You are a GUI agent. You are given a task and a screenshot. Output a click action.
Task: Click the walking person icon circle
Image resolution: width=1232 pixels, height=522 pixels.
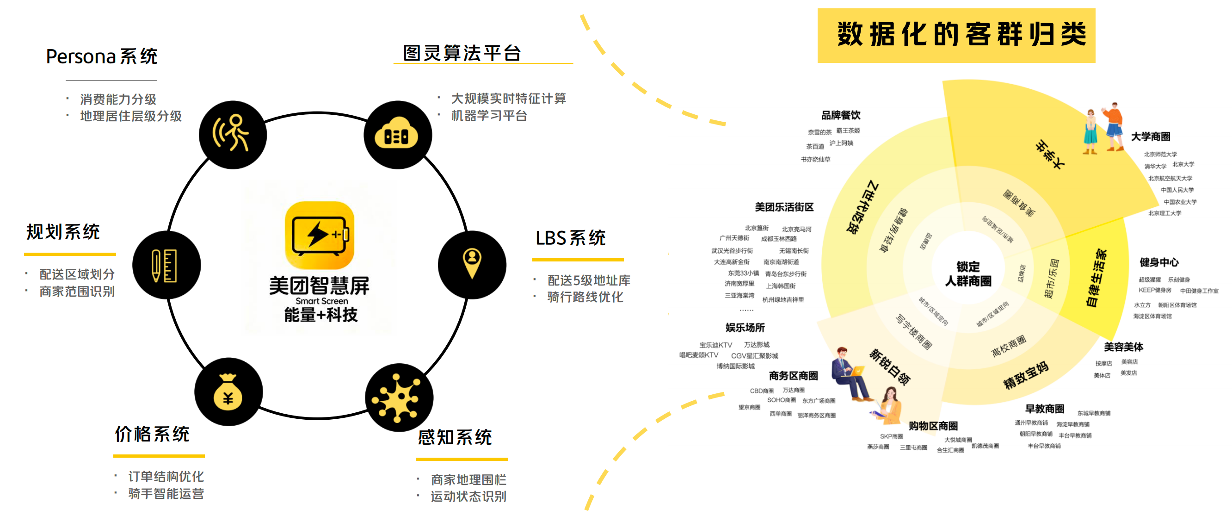(233, 135)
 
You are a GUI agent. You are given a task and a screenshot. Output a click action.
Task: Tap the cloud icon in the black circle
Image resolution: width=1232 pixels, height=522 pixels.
(397, 135)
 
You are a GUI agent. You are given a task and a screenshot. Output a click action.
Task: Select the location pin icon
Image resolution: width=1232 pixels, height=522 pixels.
(472, 264)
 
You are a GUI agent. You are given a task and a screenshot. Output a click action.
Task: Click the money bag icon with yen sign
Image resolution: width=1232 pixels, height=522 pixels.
(228, 392)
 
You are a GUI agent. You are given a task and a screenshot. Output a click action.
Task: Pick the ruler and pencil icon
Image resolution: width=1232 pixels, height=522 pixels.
(166, 265)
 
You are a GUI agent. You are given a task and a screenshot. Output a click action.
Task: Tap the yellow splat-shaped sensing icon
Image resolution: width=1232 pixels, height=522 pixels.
(398, 398)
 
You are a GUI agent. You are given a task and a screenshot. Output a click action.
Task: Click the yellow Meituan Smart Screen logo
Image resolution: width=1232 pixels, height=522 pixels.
(320, 235)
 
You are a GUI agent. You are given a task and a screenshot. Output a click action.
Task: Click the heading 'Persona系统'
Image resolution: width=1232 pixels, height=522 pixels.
(102, 56)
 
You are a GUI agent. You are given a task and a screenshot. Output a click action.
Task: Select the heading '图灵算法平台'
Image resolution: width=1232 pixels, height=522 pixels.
(462, 53)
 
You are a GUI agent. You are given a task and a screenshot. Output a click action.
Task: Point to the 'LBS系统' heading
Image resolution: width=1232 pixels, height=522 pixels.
(571, 238)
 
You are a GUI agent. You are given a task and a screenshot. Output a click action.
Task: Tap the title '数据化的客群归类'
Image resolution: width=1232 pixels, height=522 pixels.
(961, 34)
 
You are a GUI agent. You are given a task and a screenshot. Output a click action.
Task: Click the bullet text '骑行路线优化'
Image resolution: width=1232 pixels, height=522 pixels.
(585, 297)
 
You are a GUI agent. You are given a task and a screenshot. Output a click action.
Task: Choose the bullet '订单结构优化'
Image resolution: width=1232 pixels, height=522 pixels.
(166, 476)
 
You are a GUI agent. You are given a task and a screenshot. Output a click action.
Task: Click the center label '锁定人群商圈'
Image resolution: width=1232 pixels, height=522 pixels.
(968, 273)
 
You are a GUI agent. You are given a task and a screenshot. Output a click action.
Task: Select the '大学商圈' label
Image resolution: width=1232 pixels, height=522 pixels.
(1150, 137)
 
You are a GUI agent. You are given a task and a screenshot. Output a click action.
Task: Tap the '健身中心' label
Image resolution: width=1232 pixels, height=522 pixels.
(1159, 262)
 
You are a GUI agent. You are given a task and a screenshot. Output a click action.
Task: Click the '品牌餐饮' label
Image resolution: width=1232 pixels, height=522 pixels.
(841, 115)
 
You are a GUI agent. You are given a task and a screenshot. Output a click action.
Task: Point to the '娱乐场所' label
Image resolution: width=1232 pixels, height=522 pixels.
(745, 328)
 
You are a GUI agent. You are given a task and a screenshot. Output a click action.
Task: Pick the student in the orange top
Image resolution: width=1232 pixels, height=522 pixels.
(1114, 127)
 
